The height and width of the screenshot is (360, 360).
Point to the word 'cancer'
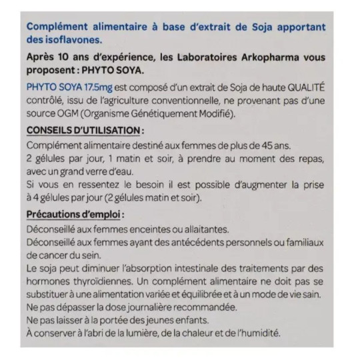[47, 255]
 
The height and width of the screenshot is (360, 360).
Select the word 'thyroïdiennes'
[109, 281]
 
